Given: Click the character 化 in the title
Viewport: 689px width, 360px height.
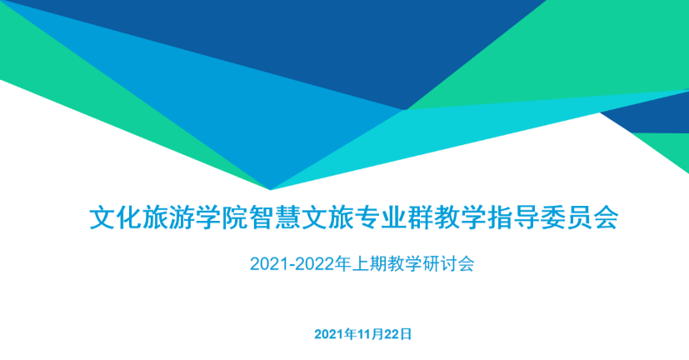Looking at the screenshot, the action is pyautogui.click(x=129, y=217).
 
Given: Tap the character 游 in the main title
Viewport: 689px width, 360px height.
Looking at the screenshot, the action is pyautogui.click(x=182, y=217).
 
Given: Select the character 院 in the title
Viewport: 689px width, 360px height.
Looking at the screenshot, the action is pyautogui.click(x=235, y=217).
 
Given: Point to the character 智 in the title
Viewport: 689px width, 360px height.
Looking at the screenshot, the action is pyautogui.click(x=261, y=217).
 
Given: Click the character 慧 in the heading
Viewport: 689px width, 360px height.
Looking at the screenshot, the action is pyautogui.click(x=287, y=217).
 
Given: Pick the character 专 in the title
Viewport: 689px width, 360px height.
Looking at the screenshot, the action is pyautogui.click(x=367, y=217).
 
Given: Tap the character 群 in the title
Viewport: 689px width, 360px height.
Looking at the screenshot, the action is pyautogui.click(x=420, y=217).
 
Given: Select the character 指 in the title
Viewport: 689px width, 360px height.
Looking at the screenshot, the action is pyautogui.click(x=499, y=217).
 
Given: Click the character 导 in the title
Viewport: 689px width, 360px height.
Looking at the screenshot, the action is pyautogui.click(x=526, y=217).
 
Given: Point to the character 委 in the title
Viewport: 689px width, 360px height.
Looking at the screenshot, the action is pyautogui.click(x=552, y=217).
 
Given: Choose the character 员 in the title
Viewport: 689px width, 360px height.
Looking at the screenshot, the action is pyautogui.click(x=579, y=217).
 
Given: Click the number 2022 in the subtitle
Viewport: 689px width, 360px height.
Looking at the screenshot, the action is pyautogui.click(x=314, y=264).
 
